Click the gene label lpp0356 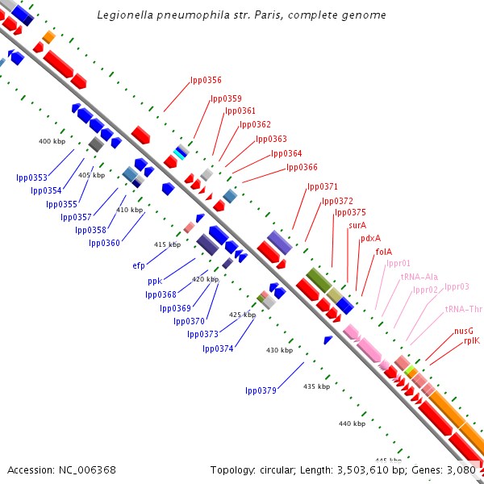tap(206, 80)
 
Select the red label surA tap(357, 225)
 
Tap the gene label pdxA tap(370, 238)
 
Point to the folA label tap(384, 252)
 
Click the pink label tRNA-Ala tap(419, 277)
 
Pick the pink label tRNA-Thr tap(463, 309)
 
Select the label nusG tap(464, 330)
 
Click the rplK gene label tap(471, 340)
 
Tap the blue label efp tap(139, 265)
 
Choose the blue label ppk tap(155, 281)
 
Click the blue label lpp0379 tap(261, 390)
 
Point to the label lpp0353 tap(31, 177)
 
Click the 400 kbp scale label tap(52, 141)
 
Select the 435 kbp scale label tap(316, 386)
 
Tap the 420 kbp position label tap(205, 279)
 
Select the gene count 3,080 tap(464, 469)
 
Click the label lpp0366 tap(302, 167)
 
